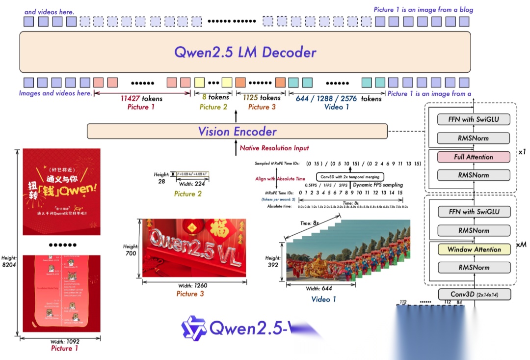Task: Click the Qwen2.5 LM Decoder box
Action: (245, 52)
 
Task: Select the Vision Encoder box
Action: (237, 131)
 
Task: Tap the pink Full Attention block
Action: (474, 157)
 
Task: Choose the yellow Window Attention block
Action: (474, 249)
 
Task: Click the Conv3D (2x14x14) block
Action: (474, 294)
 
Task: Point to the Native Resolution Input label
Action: (274, 148)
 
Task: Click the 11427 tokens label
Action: (141, 98)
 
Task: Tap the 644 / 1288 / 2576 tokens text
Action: (338, 98)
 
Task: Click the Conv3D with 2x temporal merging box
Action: (349, 176)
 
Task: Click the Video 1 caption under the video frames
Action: (323, 299)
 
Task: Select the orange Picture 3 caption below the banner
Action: (190, 294)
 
